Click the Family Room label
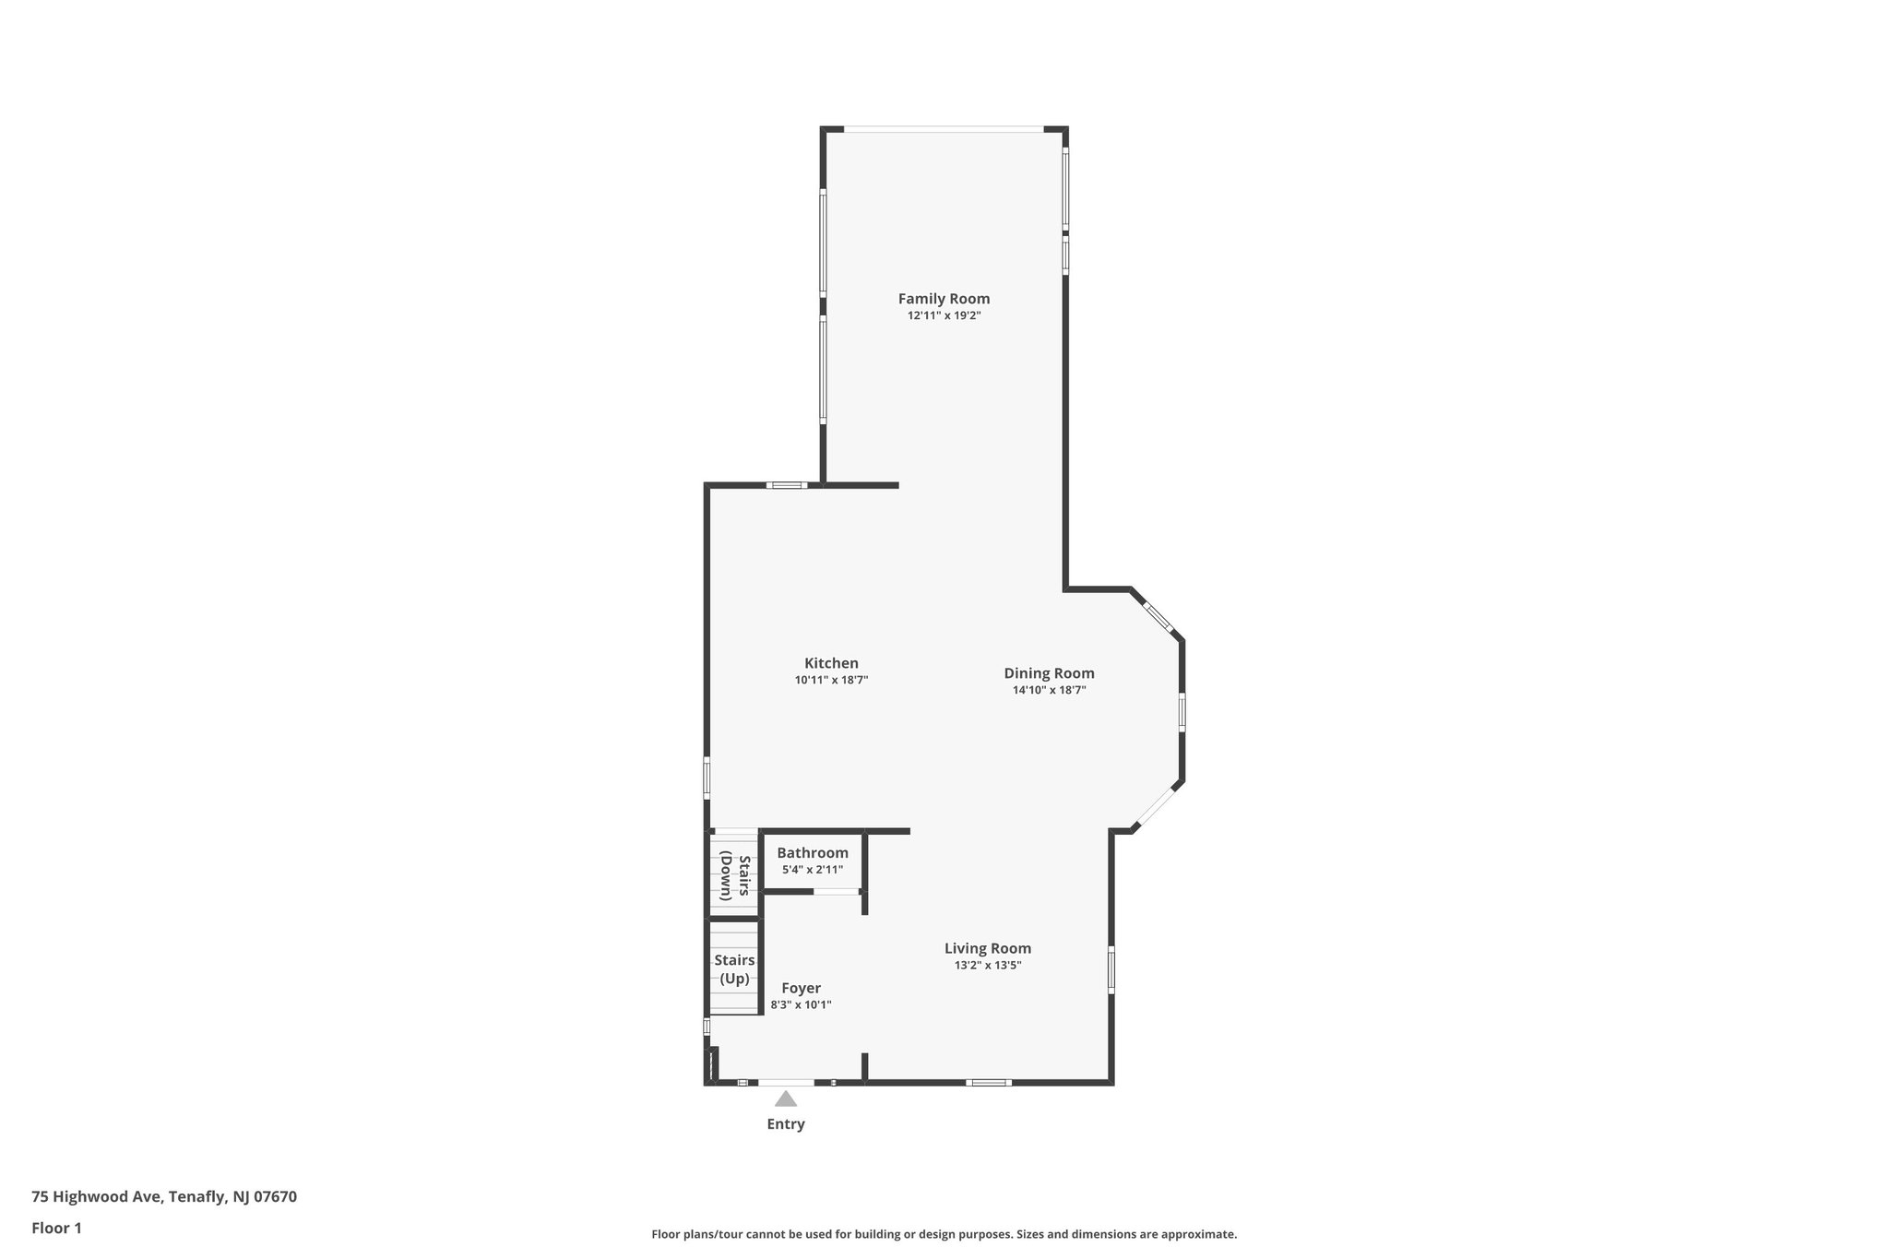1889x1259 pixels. pos(944,299)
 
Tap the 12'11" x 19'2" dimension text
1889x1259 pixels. pos(944,315)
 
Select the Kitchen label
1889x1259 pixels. pos(831,663)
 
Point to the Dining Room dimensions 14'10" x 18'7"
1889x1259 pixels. pos(1049,690)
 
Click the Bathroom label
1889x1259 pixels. pos(812,853)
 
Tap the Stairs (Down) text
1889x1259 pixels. pos(735,875)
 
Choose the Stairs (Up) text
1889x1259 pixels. pos(734,969)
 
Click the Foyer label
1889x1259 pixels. pos(801,988)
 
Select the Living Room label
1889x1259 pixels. pos(987,948)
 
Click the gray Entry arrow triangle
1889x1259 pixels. pos(785,1099)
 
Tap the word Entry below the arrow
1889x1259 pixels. pos(786,1124)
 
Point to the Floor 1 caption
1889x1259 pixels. pos(56,1229)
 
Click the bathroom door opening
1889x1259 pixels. pos(836,891)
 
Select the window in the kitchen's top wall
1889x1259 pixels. pos(787,485)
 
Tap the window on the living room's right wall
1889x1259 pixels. pos(1111,969)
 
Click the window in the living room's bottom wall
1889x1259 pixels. pos(988,1082)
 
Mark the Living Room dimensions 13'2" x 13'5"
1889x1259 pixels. pos(987,966)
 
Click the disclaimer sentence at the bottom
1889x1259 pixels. pos(944,1234)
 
